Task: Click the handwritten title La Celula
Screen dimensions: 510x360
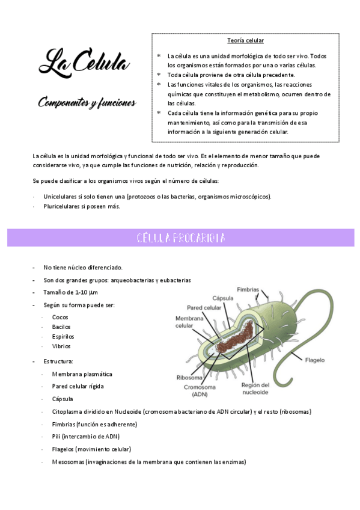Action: tap(85, 61)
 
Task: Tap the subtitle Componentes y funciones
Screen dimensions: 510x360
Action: tap(87, 103)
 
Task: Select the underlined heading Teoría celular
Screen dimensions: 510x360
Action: tap(245, 41)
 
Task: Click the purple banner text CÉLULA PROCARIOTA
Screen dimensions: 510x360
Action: tap(180, 238)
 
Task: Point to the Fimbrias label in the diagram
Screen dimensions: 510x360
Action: tap(248, 289)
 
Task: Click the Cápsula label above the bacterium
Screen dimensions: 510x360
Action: tap(222, 298)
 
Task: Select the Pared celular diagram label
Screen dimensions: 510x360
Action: tap(204, 307)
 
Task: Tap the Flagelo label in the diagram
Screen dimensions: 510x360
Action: tap(315, 360)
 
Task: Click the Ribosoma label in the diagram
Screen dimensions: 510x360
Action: tap(189, 378)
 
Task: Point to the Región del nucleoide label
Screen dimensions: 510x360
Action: tap(255, 389)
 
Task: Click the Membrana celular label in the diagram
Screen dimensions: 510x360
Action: tap(188, 322)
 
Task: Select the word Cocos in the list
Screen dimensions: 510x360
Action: tap(60, 317)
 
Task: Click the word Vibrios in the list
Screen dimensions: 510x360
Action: tap(61, 346)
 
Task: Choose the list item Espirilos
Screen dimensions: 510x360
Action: tap(63, 336)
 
